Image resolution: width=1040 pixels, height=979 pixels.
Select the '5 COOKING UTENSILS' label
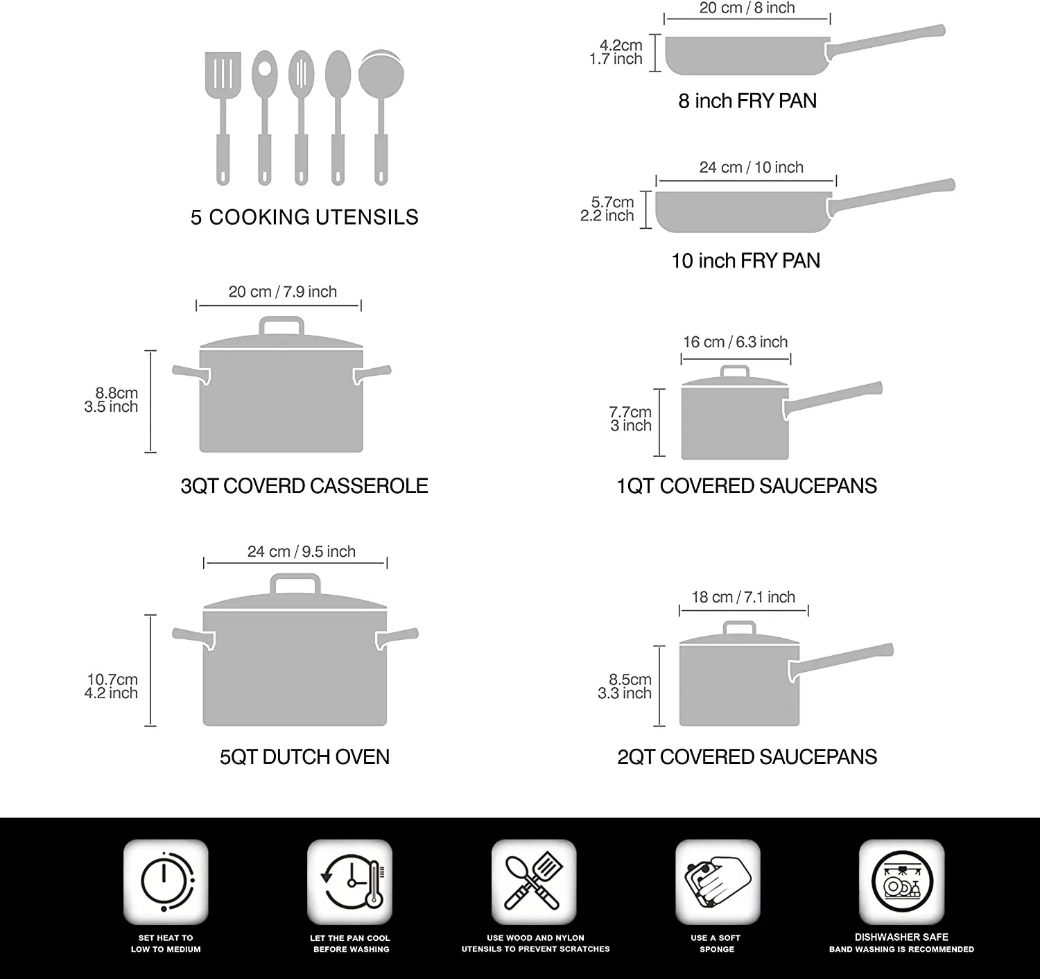(x=304, y=217)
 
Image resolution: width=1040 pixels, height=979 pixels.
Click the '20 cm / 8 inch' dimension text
(x=747, y=8)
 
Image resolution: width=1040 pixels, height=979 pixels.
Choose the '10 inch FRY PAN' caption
(x=745, y=261)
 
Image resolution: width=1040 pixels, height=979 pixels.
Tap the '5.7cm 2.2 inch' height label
(x=608, y=209)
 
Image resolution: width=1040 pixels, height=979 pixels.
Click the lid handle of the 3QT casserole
(x=281, y=325)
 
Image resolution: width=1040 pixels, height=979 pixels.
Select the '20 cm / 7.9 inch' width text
(x=282, y=292)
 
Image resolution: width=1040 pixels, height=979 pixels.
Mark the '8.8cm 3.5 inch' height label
(x=112, y=400)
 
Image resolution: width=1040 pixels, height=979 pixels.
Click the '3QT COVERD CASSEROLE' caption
(x=304, y=486)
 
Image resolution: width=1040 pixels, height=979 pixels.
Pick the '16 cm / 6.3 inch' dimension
(x=735, y=342)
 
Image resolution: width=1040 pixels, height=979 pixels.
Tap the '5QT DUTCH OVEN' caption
(x=304, y=756)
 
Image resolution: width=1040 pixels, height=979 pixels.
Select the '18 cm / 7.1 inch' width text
(x=743, y=597)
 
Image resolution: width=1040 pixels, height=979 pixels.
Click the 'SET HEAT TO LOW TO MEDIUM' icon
(x=166, y=881)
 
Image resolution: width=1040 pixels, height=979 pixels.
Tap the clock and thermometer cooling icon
(x=350, y=881)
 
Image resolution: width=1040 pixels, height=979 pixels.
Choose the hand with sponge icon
(x=718, y=881)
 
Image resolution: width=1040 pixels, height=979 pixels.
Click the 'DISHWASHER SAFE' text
(x=901, y=937)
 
